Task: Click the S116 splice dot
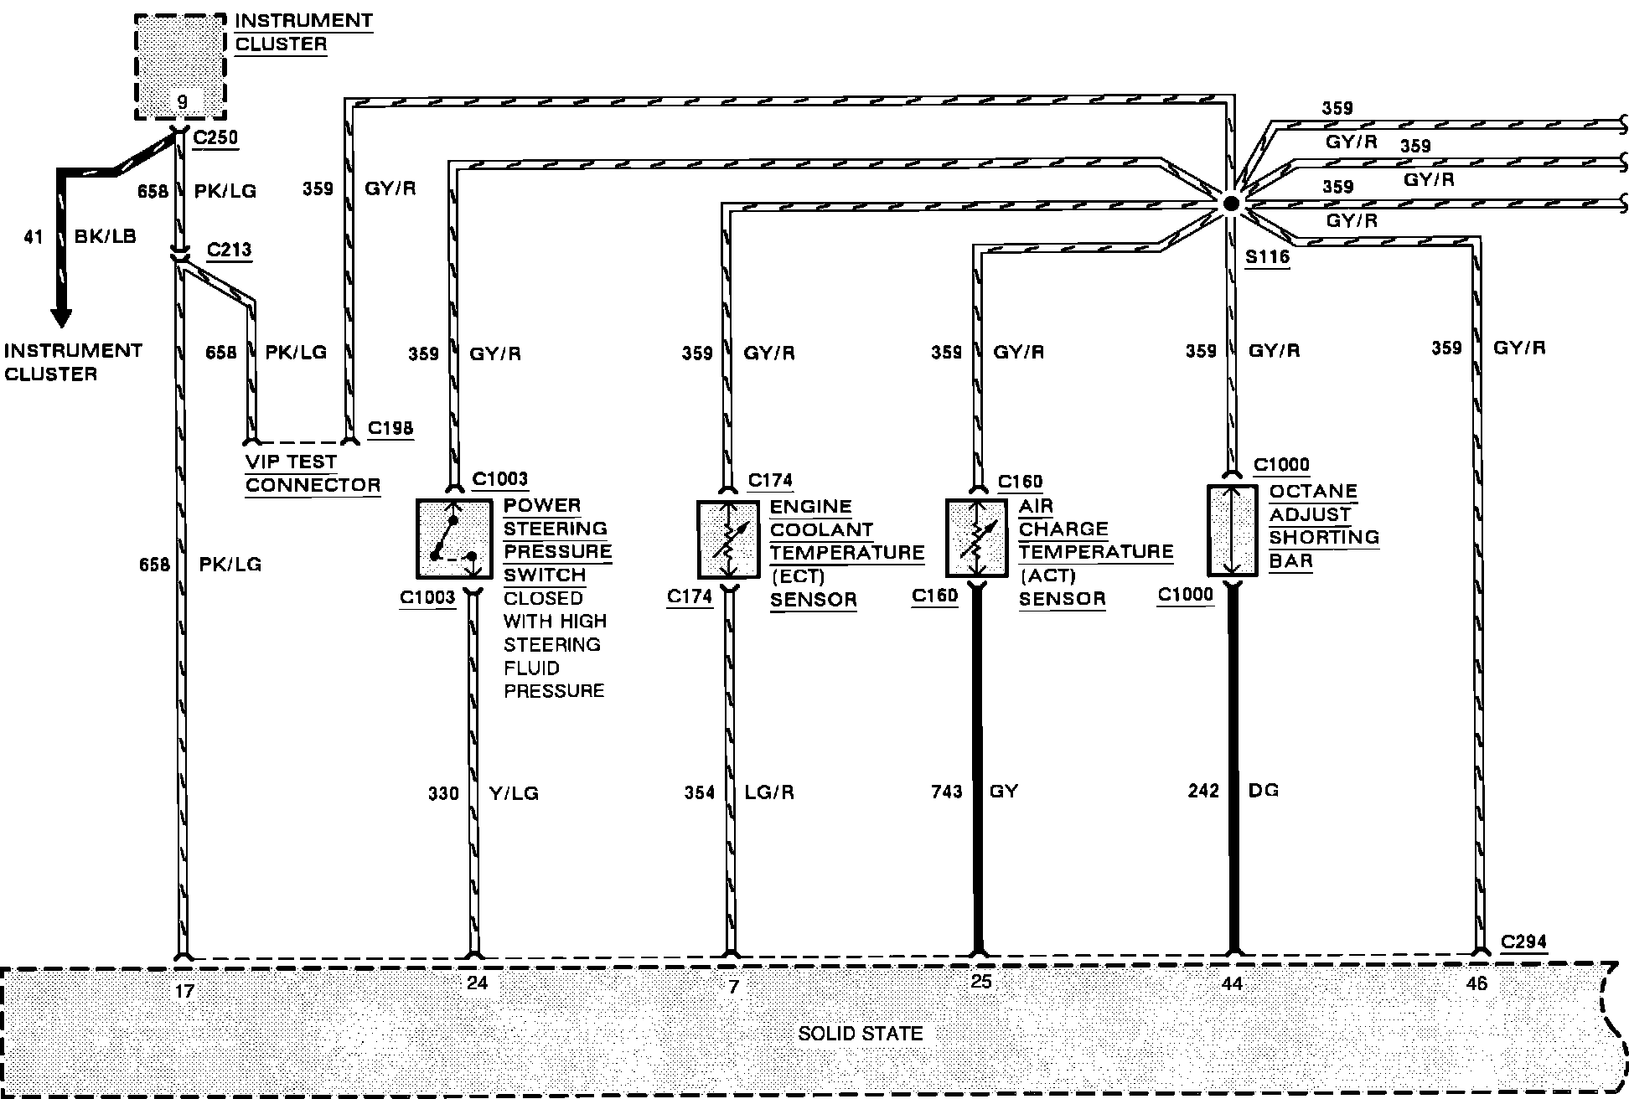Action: click(x=1229, y=204)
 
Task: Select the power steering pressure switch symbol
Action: click(x=453, y=539)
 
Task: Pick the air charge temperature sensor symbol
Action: click(x=976, y=539)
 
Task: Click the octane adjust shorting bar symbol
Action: click(x=1232, y=530)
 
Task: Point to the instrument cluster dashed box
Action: click(x=181, y=66)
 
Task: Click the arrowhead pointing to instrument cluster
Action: click(x=60, y=317)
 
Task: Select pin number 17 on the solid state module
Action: click(x=184, y=991)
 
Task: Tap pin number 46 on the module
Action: click(x=1476, y=983)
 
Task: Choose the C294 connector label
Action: click(x=1523, y=942)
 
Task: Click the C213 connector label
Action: click(x=229, y=250)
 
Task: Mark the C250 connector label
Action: click(x=215, y=137)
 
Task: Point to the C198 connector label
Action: click(x=390, y=428)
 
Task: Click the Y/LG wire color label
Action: click(x=513, y=793)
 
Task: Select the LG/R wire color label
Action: click(x=768, y=792)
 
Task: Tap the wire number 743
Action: click(x=947, y=792)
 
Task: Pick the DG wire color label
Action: click(x=1263, y=790)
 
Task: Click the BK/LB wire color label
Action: click(x=105, y=236)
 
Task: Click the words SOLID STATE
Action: click(x=860, y=1034)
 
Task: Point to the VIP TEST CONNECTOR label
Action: click(x=313, y=473)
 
